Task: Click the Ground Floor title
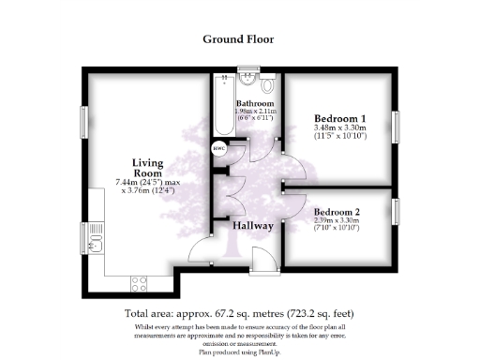click(x=239, y=39)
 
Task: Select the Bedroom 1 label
click(x=338, y=119)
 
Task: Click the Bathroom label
click(x=254, y=102)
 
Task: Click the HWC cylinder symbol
click(x=219, y=146)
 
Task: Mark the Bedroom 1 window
click(x=395, y=126)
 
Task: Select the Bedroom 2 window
click(x=395, y=212)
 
